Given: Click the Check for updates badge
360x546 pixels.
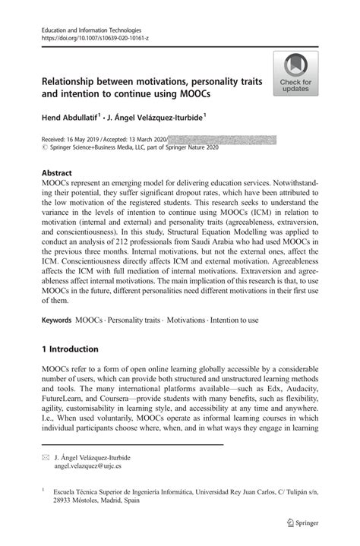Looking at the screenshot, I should [x=295, y=74].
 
